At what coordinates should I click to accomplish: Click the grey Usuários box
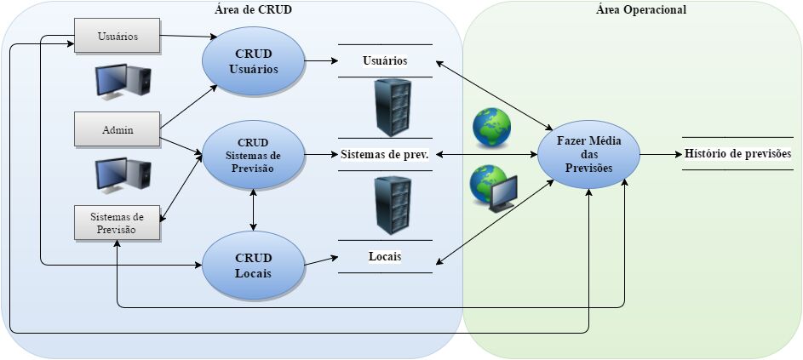118,36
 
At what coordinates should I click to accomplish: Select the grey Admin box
118,129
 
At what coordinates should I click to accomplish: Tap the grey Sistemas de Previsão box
118,223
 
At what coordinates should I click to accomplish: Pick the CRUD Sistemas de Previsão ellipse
253,154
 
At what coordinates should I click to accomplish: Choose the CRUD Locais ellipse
253,264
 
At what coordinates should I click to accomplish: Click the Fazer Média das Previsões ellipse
588,154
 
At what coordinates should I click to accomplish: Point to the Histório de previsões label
737,154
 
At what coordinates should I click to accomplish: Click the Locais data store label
385,256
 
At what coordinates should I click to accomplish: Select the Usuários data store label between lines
384,60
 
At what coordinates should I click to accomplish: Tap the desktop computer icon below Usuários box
123,81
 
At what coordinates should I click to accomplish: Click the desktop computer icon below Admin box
123,174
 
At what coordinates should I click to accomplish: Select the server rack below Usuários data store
393,107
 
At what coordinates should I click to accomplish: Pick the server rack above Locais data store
393,206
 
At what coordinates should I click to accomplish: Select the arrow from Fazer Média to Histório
659,154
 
